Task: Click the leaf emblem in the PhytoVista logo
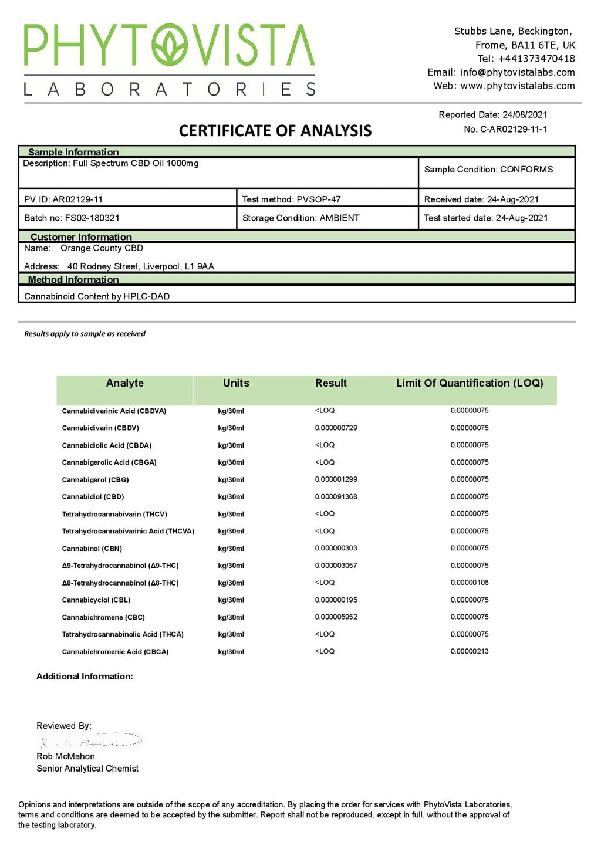pyautogui.click(x=171, y=45)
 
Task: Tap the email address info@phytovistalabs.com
pyautogui.click(x=517, y=72)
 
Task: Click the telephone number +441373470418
pyautogui.click(x=536, y=59)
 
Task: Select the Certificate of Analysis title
pyautogui.click(x=275, y=130)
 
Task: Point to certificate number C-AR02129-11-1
pyautogui.click(x=514, y=129)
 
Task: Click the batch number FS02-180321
pyautogui.click(x=92, y=218)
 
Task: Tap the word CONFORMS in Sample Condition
pyautogui.click(x=526, y=170)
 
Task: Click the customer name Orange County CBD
pyautogui.click(x=102, y=248)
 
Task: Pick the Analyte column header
pyautogui.click(x=124, y=383)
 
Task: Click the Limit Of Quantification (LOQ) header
pyautogui.click(x=470, y=383)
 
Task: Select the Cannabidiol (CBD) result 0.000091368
pyautogui.click(x=336, y=496)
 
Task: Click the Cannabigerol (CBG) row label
pyautogui.click(x=95, y=479)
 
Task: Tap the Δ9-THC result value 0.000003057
pyautogui.click(x=336, y=566)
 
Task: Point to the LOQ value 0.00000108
pyautogui.click(x=470, y=583)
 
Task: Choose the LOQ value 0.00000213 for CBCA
pyautogui.click(x=470, y=651)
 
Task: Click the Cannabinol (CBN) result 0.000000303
pyautogui.click(x=336, y=548)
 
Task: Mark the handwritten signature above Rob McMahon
pyautogui.click(x=91, y=740)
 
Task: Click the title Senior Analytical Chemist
pyautogui.click(x=87, y=769)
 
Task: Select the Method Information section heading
pyautogui.click(x=73, y=280)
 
